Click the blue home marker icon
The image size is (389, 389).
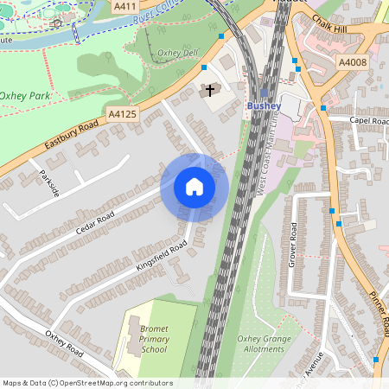tap(194, 187)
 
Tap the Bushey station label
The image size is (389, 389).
tap(265, 105)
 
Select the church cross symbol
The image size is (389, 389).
tap(209, 90)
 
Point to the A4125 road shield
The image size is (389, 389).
tap(124, 113)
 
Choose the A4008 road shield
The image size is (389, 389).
tap(352, 62)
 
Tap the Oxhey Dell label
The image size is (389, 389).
tap(179, 53)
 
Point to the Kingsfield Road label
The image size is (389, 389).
tap(161, 257)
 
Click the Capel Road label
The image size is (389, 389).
tap(369, 121)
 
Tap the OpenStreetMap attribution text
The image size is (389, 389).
tap(87, 383)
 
